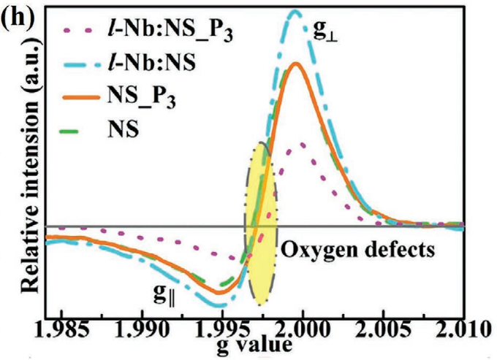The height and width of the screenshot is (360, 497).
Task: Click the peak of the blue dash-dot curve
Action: tap(295, 12)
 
